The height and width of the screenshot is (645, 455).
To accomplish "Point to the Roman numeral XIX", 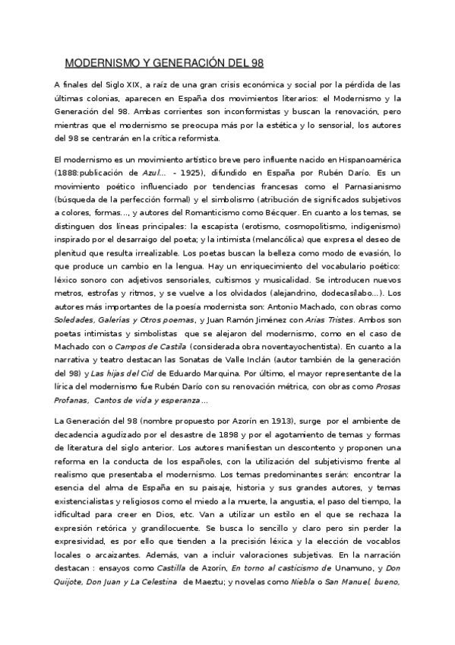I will click(x=119, y=85).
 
